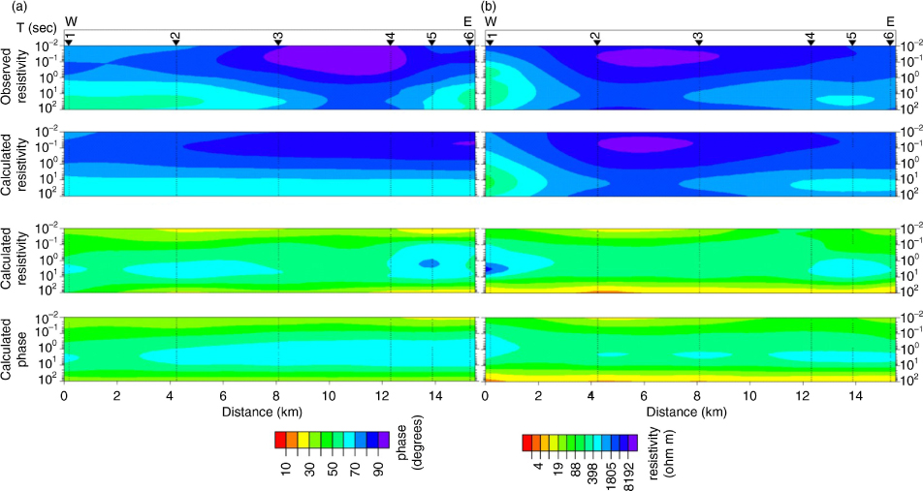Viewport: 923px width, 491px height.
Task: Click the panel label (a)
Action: (9, 7)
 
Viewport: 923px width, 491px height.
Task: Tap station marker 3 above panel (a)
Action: (278, 38)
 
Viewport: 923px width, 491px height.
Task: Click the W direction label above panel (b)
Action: (491, 22)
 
